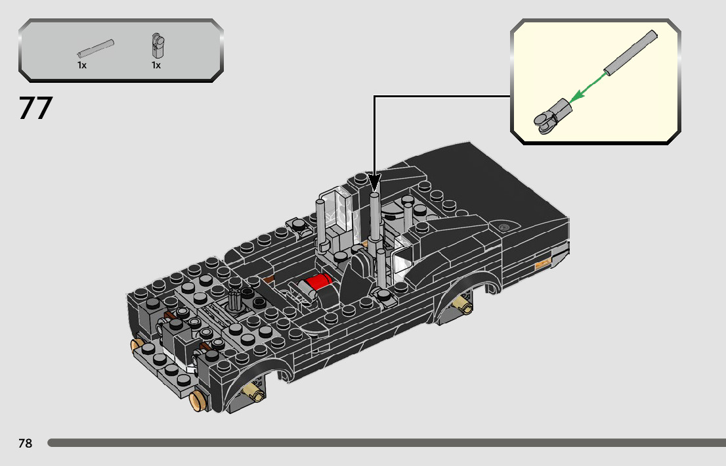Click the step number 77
click(x=35, y=108)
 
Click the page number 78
click(x=26, y=443)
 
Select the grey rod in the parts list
click(x=96, y=48)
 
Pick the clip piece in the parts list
click(x=158, y=45)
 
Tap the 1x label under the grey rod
click(x=82, y=65)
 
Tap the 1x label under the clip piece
click(x=156, y=65)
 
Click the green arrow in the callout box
click(x=587, y=87)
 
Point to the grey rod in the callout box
click(x=630, y=53)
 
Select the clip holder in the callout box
click(x=553, y=116)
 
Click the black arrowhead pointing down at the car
click(x=374, y=182)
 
